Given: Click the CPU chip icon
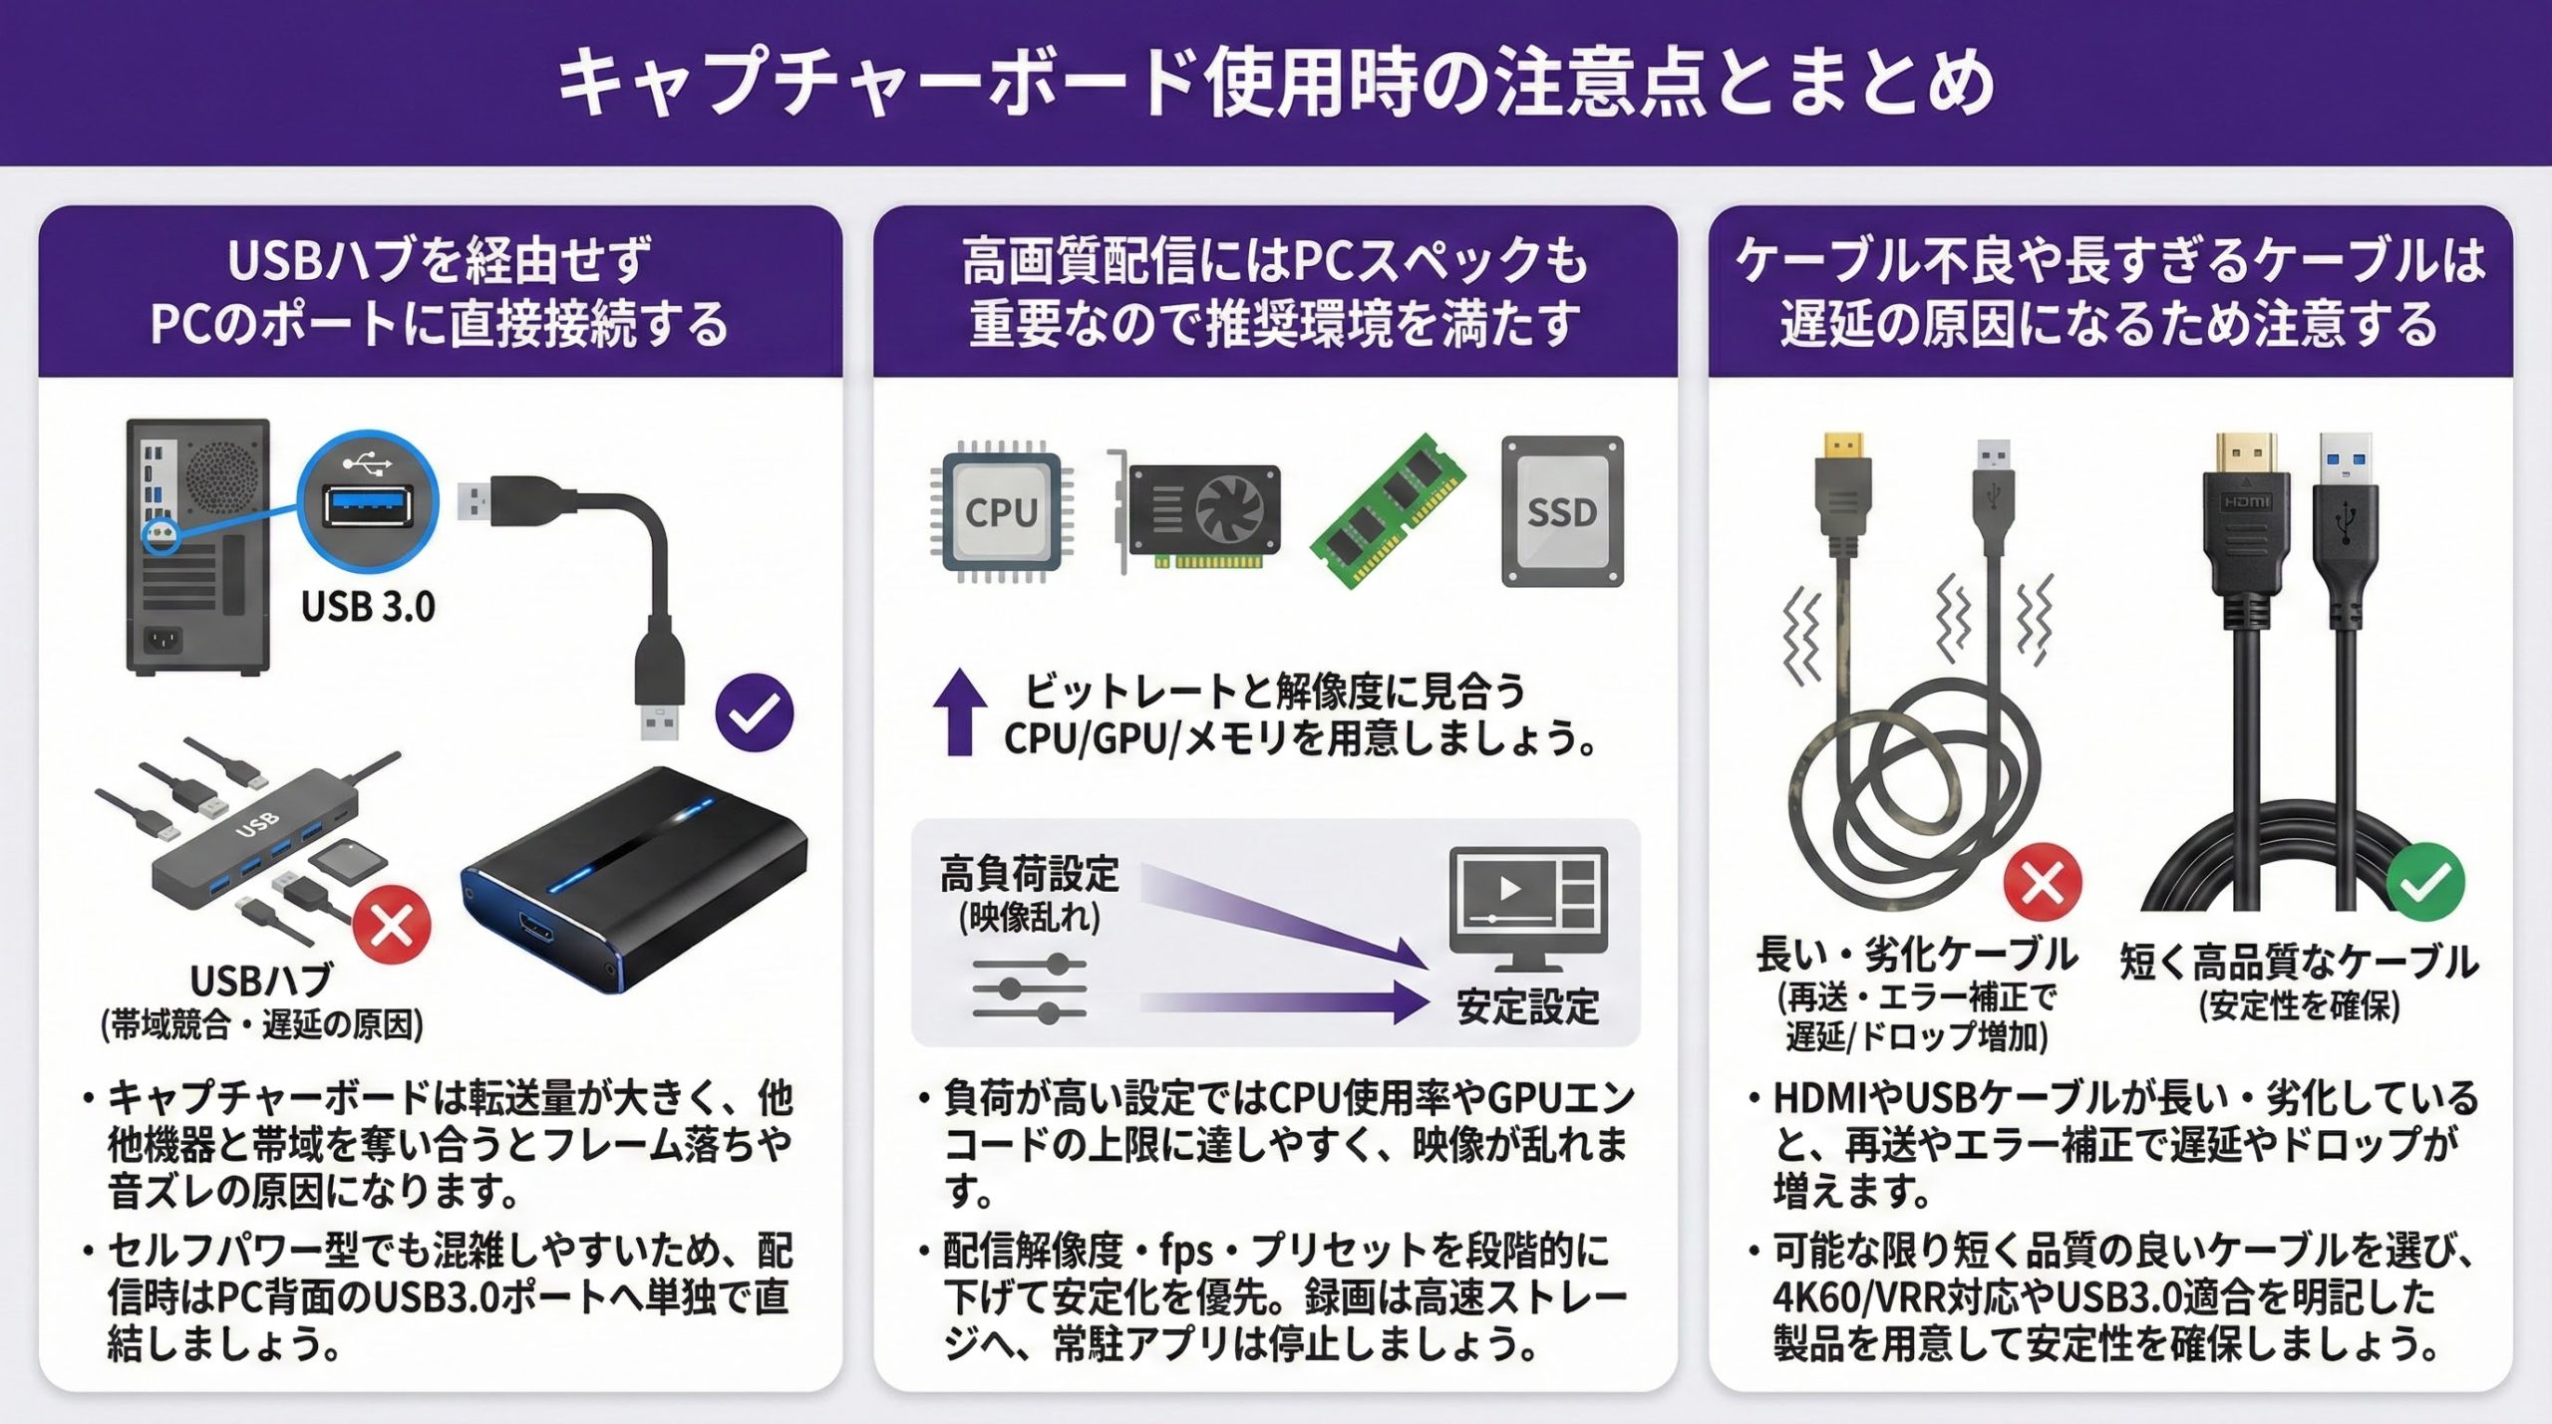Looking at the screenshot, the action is [1001, 511].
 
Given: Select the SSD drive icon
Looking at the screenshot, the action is [1562, 511].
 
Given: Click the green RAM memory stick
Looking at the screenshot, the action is [1388, 510].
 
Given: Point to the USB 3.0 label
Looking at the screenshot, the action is [368, 606].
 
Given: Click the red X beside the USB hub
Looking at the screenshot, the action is [392, 924].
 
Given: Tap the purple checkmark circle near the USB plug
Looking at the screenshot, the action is [755, 712].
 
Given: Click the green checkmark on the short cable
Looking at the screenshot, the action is [2424, 882].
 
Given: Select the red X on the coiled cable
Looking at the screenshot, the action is [2043, 881].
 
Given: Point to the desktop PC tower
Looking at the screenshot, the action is [198, 546].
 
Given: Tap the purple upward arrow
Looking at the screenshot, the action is [959, 712].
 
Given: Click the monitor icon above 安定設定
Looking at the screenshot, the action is [1527, 908].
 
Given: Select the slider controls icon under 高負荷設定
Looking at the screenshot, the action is [1030, 989].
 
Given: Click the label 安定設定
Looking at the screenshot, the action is [1527, 1006].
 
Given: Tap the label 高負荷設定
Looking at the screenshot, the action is [1030, 874].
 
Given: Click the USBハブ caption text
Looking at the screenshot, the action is [261, 981].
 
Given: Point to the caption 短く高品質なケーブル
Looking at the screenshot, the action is [2299, 962].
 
